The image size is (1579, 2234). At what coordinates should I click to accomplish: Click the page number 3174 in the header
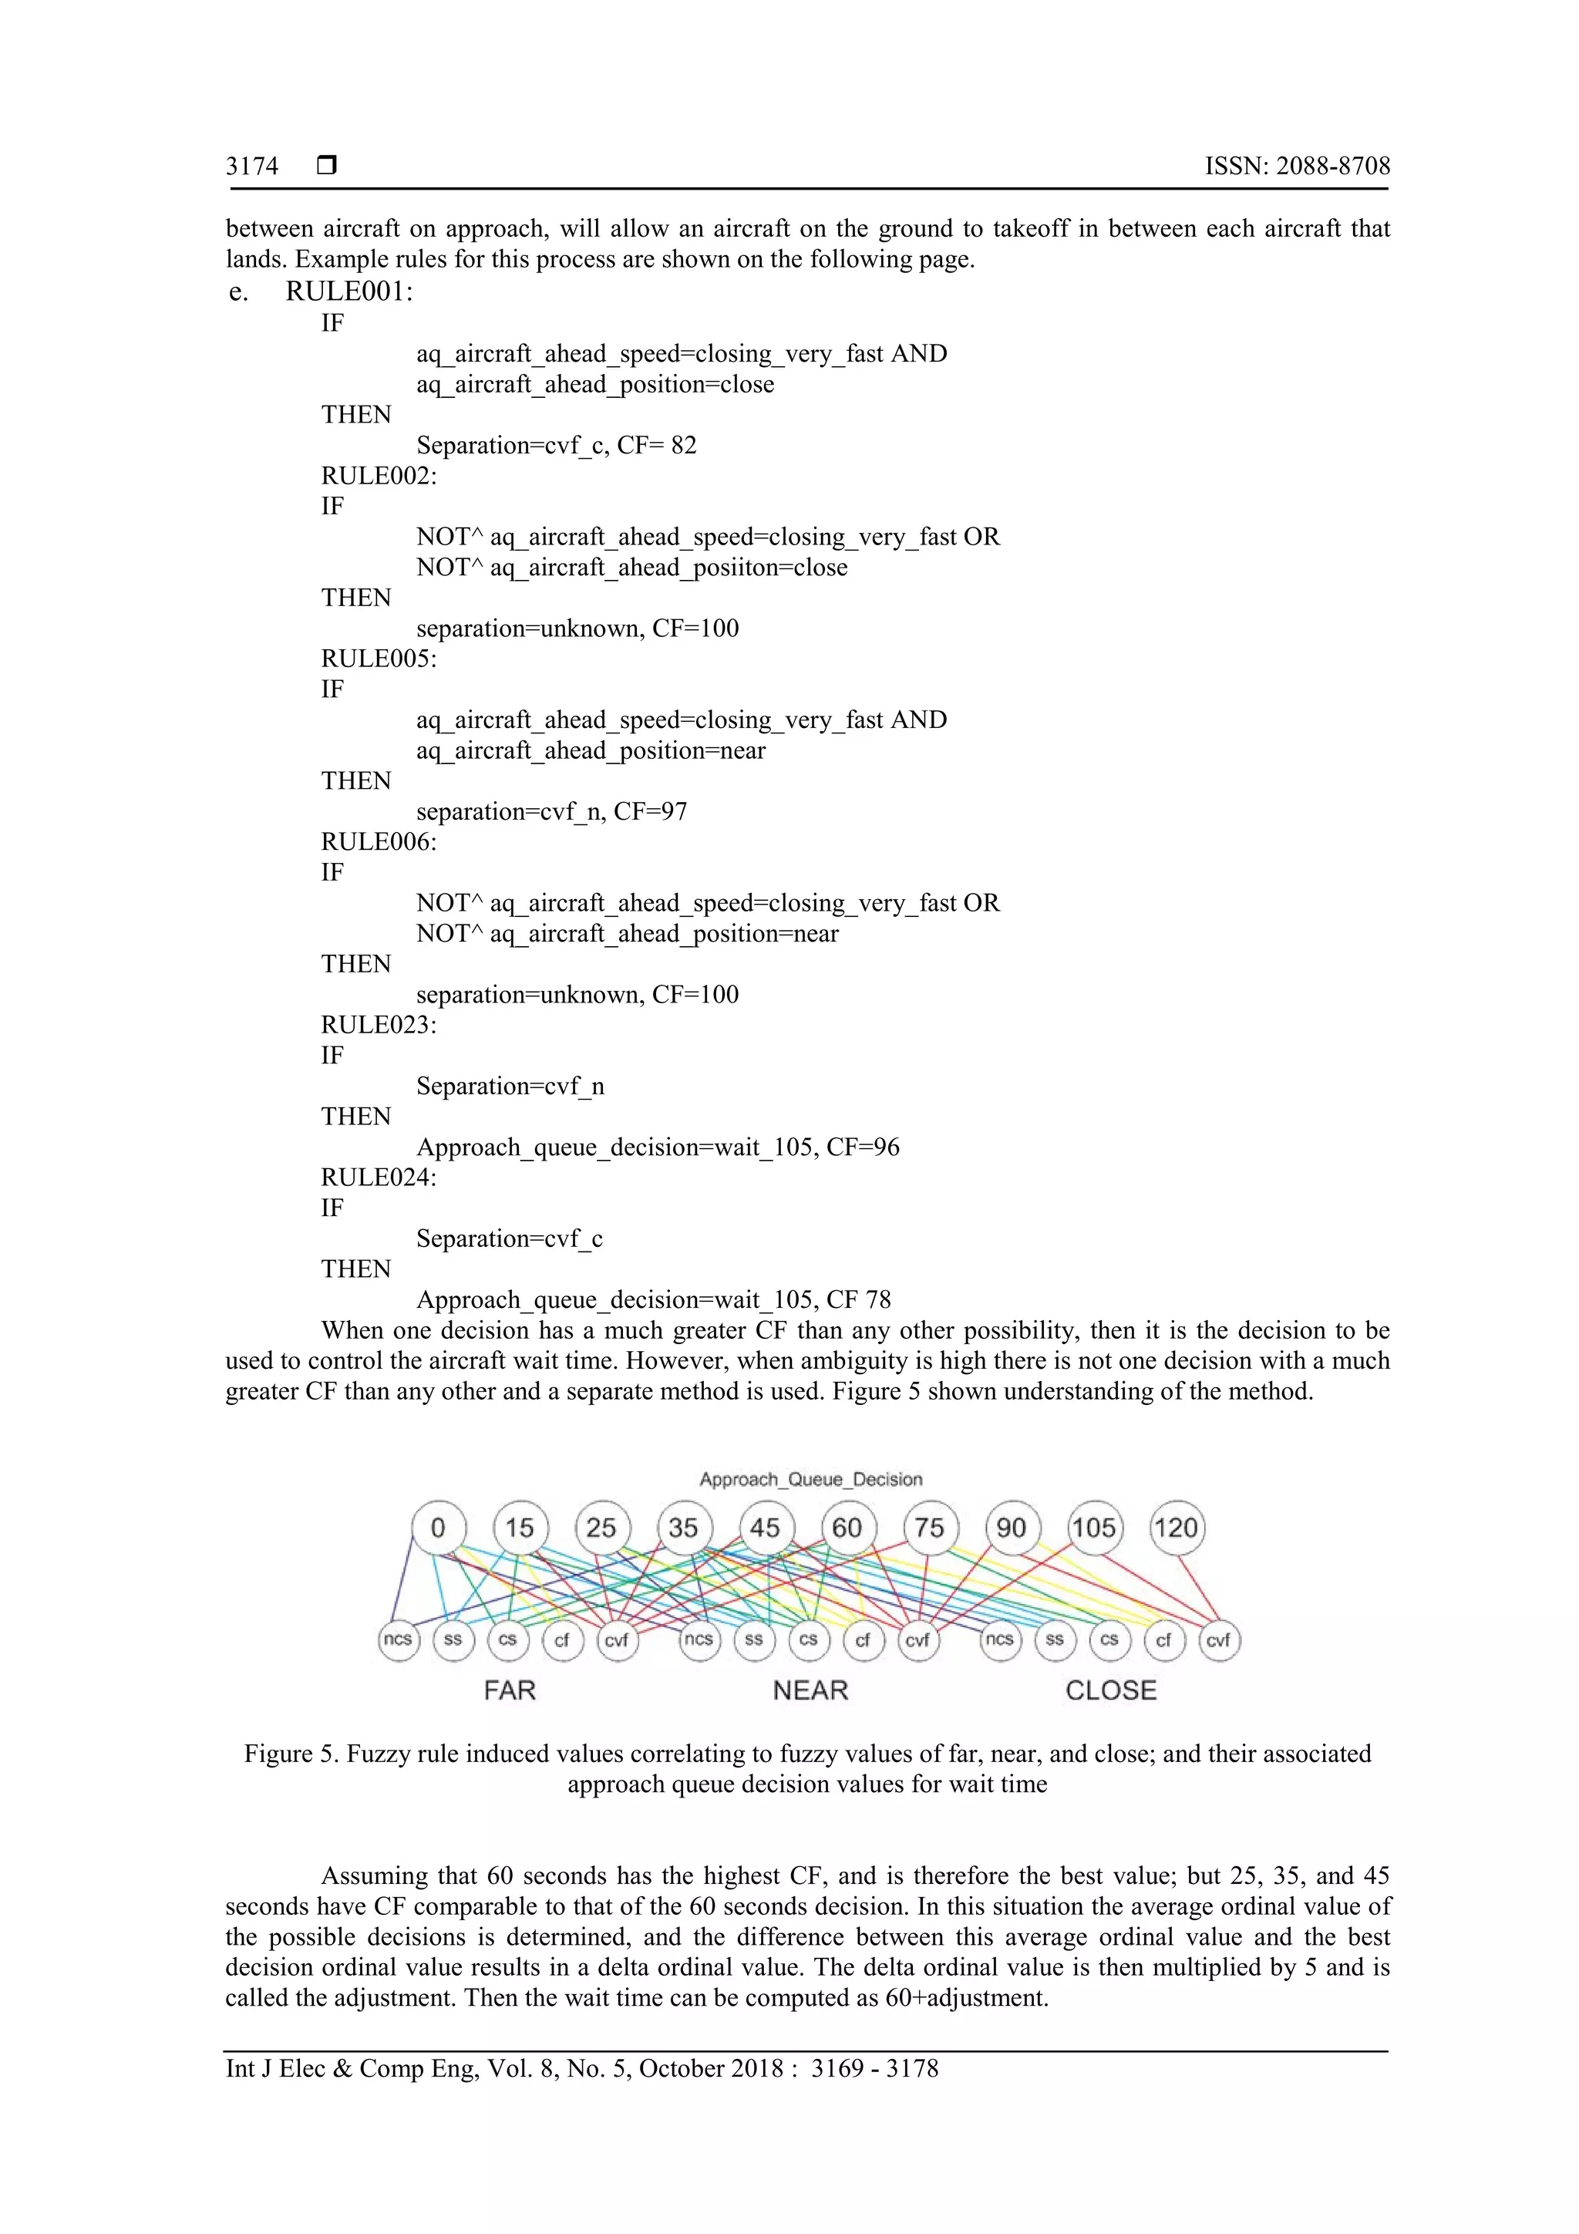coord(252,167)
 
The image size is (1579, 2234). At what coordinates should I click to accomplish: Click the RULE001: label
coord(349,292)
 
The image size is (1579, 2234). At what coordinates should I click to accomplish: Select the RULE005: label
coord(379,659)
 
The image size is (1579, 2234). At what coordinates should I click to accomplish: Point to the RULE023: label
coord(379,1025)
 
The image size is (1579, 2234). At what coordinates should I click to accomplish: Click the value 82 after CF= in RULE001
coord(684,446)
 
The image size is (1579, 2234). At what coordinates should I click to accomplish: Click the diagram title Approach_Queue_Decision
coord(810,1479)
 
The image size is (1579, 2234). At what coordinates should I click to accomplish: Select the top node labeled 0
coord(438,1528)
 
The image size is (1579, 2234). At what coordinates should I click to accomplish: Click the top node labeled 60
coord(847,1528)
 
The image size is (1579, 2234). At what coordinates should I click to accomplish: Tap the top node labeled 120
coord(1177,1528)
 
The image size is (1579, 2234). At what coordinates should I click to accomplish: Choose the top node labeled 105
coord(1095,1528)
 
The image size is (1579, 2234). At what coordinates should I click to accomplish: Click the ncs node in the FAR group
coord(398,1639)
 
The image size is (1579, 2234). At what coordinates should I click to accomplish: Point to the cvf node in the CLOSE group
coord(1218,1639)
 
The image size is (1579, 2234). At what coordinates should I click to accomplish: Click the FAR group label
coord(510,1690)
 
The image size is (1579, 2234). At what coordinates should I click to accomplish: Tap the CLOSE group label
coord(1111,1690)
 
